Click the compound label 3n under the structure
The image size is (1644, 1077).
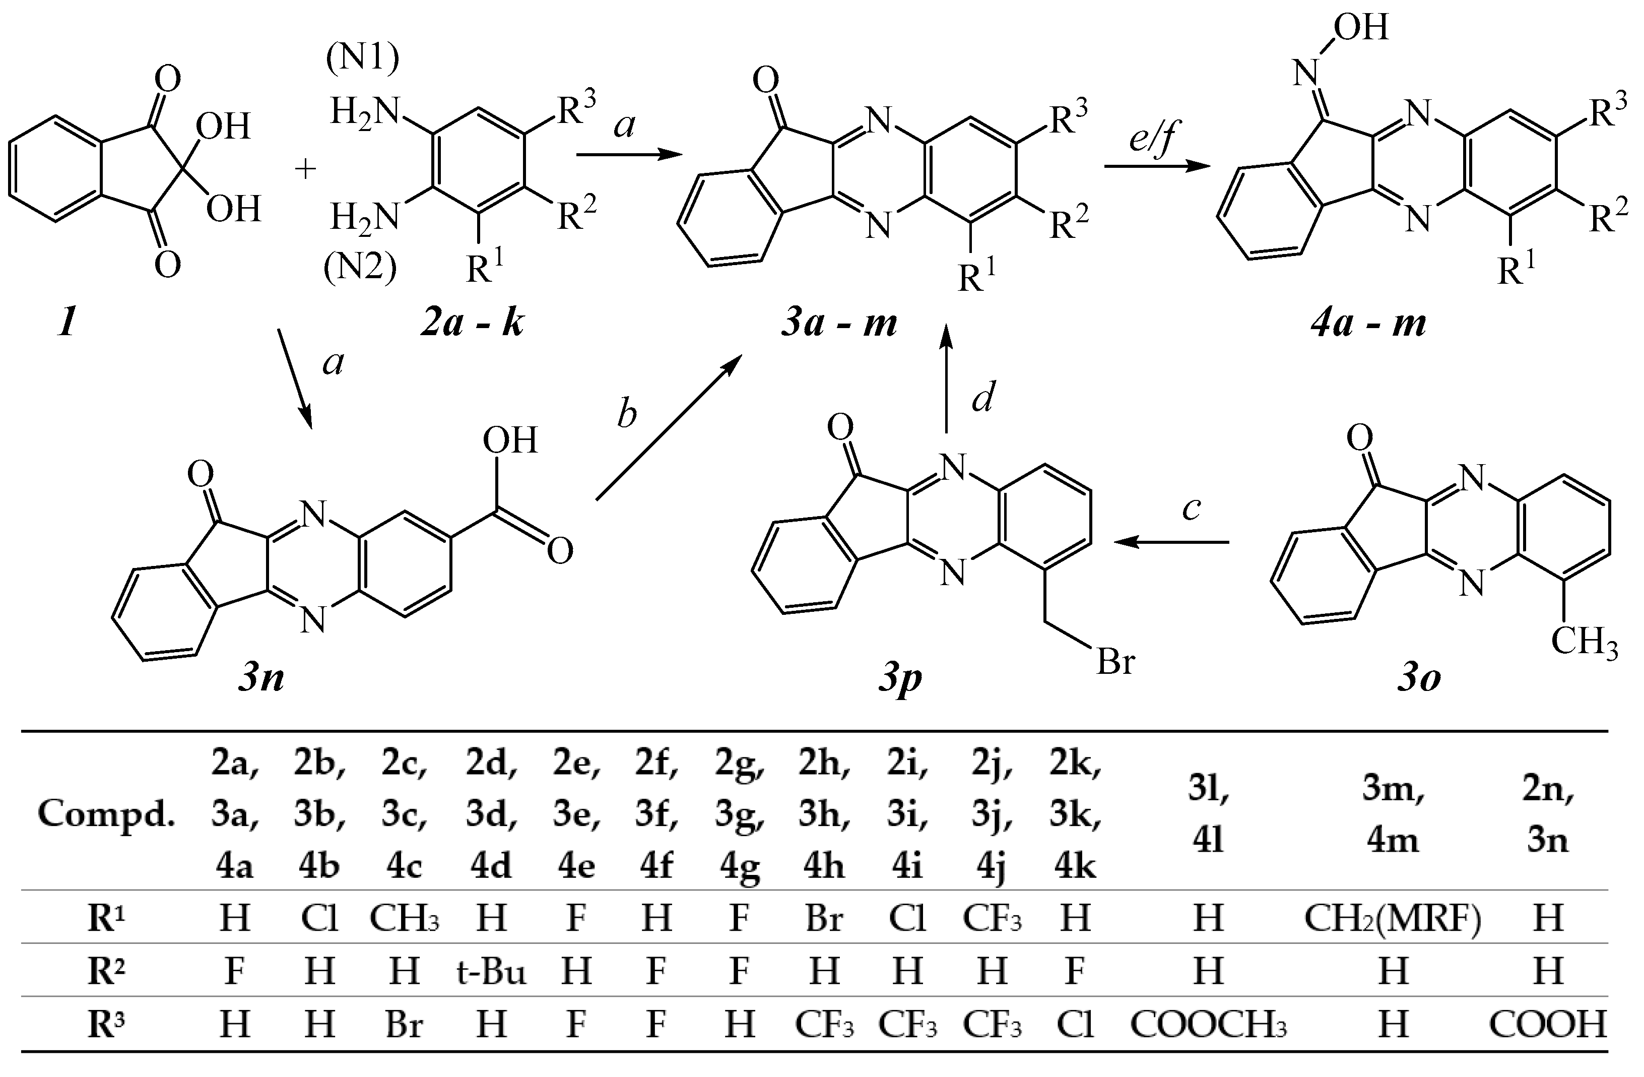[260, 679]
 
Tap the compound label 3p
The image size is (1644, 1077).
[900, 679]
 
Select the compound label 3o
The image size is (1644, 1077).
[1419, 679]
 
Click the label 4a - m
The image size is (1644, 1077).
[1368, 323]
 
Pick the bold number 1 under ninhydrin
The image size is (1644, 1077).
[67, 323]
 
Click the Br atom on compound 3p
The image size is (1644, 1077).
[1115, 661]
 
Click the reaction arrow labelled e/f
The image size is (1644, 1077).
[1157, 166]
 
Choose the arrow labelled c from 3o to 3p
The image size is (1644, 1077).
[1171, 542]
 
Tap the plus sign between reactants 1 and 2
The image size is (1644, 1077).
[305, 168]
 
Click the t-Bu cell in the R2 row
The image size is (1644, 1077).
[491, 971]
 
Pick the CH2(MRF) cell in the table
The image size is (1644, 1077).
[1393, 917]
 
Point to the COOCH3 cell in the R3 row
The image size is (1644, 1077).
[1208, 1024]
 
